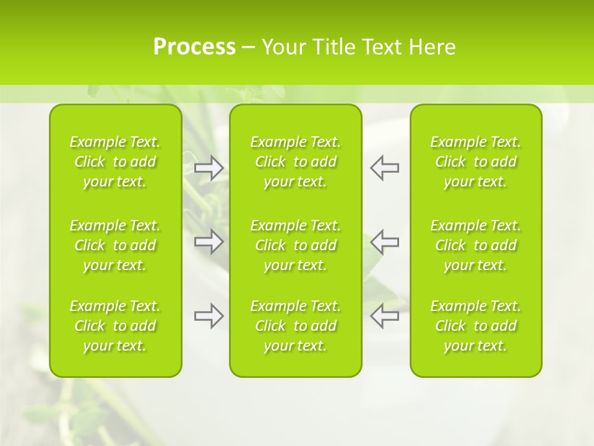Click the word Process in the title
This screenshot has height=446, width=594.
point(194,47)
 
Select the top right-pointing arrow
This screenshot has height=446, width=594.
point(209,168)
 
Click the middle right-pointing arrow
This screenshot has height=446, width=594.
point(209,242)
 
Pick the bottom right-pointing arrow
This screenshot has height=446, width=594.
point(209,316)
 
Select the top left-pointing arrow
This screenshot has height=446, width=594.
point(384,168)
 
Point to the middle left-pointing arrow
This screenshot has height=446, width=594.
point(384,242)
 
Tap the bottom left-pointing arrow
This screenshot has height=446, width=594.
point(384,316)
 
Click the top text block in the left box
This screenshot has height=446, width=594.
point(115,162)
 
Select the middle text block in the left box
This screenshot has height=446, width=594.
point(115,245)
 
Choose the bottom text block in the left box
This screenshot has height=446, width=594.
point(115,326)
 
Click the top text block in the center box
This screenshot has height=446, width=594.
point(296,162)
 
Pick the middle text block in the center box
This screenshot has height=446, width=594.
point(296,245)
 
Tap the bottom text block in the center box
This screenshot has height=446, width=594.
point(296,326)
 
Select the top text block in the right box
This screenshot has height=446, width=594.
point(476,162)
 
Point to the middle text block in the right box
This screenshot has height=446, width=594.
point(476,245)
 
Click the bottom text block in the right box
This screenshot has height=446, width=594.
point(476,326)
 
